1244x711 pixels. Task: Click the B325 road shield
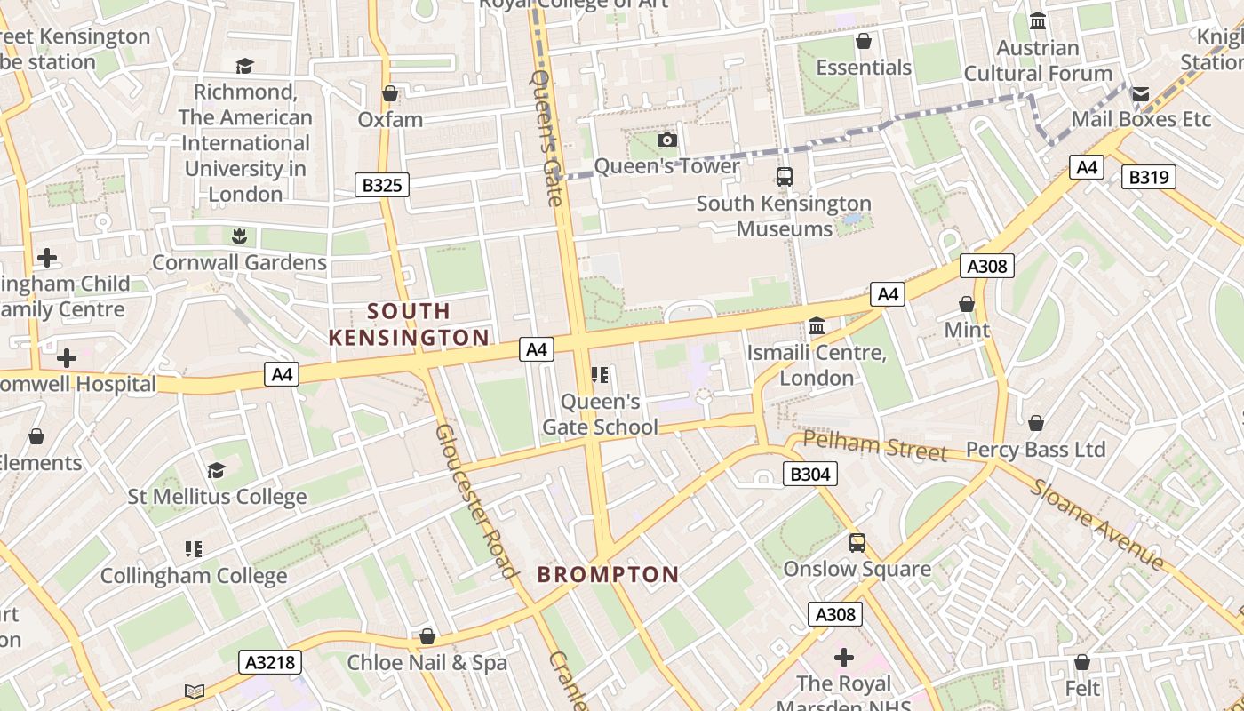(382, 185)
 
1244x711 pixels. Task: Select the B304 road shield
(809, 474)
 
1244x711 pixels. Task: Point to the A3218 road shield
(270, 662)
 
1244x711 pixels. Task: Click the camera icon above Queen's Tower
(666, 140)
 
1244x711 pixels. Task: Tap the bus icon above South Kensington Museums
(784, 177)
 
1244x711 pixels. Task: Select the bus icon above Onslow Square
(857, 542)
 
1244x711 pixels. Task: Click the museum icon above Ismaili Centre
(816, 326)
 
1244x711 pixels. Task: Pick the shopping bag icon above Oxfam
(389, 93)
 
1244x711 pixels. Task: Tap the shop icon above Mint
(967, 304)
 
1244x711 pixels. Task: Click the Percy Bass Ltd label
(1035, 450)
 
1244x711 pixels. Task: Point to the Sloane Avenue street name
(1096, 525)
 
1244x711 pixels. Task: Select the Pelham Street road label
(874, 446)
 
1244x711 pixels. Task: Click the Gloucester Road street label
(476, 500)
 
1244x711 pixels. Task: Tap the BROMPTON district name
(608, 574)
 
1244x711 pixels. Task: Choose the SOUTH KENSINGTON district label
(409, 324)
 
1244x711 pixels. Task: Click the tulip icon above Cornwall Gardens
(238, 236)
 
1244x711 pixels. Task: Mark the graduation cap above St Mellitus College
(216, 470)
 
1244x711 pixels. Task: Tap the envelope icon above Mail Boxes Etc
(1140, 93)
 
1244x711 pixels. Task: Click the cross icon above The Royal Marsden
(843, 658)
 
